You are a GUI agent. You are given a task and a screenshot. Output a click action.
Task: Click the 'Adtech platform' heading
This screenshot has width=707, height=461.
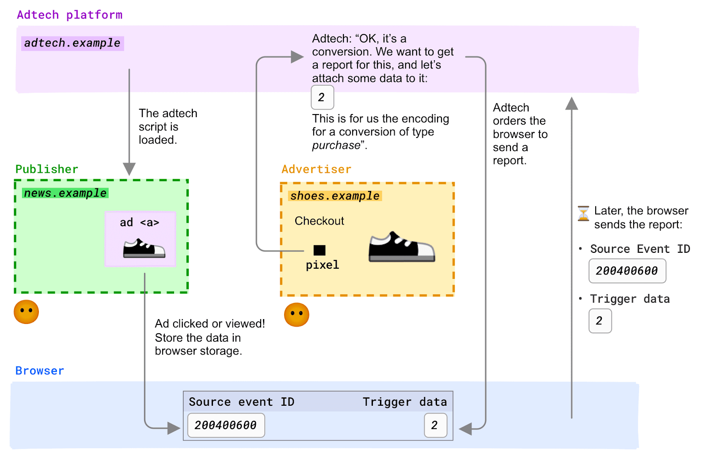69,15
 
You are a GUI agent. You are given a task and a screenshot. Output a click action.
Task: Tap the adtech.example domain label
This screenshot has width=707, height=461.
72,43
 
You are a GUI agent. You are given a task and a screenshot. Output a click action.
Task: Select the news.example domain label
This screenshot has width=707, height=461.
65,193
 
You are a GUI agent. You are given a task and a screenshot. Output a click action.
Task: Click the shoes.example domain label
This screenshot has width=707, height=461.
335,196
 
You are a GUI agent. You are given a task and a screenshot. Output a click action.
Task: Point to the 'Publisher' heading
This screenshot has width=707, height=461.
47,169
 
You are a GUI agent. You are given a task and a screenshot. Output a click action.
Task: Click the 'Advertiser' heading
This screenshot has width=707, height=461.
316,169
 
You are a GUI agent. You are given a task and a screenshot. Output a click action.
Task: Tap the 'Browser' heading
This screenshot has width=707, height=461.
40,371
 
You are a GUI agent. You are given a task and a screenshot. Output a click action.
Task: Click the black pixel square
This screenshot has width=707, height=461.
319,250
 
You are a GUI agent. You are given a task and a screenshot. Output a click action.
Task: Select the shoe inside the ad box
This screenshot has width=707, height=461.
144,248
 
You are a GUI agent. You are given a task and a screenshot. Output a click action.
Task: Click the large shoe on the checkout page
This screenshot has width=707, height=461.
402,247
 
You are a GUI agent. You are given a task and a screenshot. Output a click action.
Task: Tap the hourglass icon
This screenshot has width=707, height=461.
583,213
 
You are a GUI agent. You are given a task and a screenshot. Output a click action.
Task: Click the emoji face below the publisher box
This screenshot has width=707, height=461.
26,312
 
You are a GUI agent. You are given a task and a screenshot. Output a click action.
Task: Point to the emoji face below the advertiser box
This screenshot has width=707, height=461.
296,315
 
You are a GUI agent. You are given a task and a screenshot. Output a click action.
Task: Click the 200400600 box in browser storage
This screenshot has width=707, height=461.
226,425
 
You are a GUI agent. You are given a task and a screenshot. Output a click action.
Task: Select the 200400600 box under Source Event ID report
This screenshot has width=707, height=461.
627,271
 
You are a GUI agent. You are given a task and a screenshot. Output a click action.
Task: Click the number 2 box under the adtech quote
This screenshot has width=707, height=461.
322,97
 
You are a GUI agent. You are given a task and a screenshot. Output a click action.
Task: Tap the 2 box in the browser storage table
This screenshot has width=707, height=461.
436,425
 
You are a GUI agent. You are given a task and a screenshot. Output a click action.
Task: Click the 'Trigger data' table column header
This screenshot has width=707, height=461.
405,402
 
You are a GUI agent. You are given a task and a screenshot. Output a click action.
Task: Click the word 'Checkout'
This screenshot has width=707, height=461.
319,221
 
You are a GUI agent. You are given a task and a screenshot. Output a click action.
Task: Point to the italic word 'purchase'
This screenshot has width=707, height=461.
336,145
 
